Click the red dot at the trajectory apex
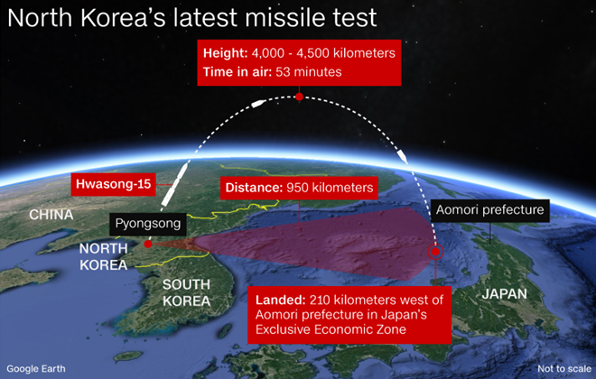coord(299,97)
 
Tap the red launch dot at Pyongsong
coord(148,244)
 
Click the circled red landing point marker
coord(435,252)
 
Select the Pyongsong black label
coord(148,224)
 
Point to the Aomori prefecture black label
coord(489,210)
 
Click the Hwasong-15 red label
coord(113,185)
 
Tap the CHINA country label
coord(51,215)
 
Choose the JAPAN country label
coord(505,294)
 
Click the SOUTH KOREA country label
coord(186,292)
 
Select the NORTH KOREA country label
coord(103,256)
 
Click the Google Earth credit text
coord(36,369)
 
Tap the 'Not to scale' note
coord(564,369)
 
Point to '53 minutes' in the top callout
coord(309,72)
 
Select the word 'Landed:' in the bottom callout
coord(281,300)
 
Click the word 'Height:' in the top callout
coord(225,52)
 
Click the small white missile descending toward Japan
coord(402,156)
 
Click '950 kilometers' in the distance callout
coord(330,188)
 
